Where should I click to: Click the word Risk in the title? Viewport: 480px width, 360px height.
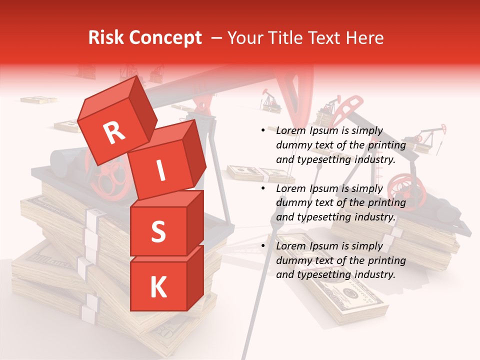[x=106, y=38]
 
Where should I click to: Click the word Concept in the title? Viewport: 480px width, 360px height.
[x=165, y=38]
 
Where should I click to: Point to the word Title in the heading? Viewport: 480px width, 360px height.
[x=286, y=38]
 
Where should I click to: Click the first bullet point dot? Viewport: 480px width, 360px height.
[x=263, y=131]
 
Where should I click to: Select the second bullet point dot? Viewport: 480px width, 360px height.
[x=263, y=188]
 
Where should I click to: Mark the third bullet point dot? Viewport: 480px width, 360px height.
[x=263, y=246]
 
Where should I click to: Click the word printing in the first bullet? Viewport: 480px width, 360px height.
[x=386, y=145]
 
